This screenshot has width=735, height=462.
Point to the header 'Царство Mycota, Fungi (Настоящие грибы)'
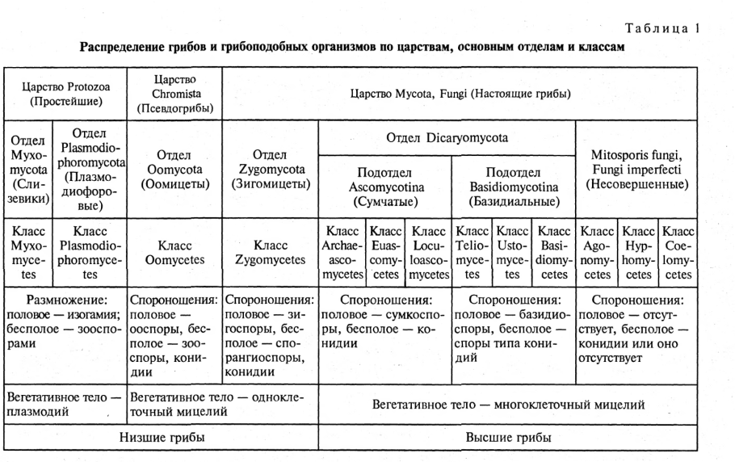[x=460, y=94]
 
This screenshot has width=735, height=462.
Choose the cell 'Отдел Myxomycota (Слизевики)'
[x=28, y=167]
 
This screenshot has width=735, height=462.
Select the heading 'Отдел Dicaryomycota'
[x=447, y=138]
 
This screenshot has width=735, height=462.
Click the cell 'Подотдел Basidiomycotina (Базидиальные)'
[x=513, y=187]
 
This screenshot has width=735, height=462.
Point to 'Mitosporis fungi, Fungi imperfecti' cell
[x=633, y=169]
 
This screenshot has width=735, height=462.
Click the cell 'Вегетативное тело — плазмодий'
[x=65, y=404]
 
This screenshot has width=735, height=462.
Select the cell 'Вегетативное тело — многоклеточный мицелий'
[x=507, y=404]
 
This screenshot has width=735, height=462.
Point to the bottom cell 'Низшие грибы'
[x=162, y=437]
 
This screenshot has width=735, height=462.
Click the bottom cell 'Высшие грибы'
[x=507, y=437]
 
